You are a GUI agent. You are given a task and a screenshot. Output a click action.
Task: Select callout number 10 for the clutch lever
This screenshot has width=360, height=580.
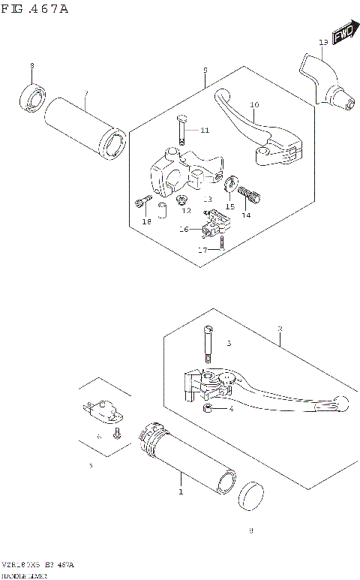point(254,105)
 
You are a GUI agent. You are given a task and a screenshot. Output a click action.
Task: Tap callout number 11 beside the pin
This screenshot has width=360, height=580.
point(205,131)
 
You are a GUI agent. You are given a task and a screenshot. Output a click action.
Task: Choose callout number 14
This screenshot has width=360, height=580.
point(244,215)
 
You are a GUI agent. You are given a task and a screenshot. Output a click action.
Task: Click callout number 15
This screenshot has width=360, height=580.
point(230,206)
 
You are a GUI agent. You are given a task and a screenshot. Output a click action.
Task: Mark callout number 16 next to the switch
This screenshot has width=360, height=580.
point(184,230)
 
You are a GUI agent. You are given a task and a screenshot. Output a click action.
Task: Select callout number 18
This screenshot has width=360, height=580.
point(147,221)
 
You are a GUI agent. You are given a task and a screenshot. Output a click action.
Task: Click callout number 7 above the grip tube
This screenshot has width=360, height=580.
point(86,94)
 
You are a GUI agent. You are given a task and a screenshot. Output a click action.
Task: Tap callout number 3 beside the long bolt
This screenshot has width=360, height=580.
point(231,344)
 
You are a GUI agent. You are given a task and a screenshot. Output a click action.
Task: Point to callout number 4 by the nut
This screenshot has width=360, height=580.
point(231,409)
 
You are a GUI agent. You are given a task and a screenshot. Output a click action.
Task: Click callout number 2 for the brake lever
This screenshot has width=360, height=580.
point(280,329)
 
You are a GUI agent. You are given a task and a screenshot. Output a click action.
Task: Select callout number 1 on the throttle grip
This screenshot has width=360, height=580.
point(180,492)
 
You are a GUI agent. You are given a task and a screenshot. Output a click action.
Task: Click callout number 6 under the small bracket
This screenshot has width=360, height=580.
point(98,436)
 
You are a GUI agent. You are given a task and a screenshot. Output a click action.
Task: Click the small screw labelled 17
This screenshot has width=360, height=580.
point(223,242)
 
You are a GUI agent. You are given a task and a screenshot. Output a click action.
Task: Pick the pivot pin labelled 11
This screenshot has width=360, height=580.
point(182,130)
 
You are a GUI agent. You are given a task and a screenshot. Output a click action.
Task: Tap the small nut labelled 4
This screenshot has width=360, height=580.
point(208,409)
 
